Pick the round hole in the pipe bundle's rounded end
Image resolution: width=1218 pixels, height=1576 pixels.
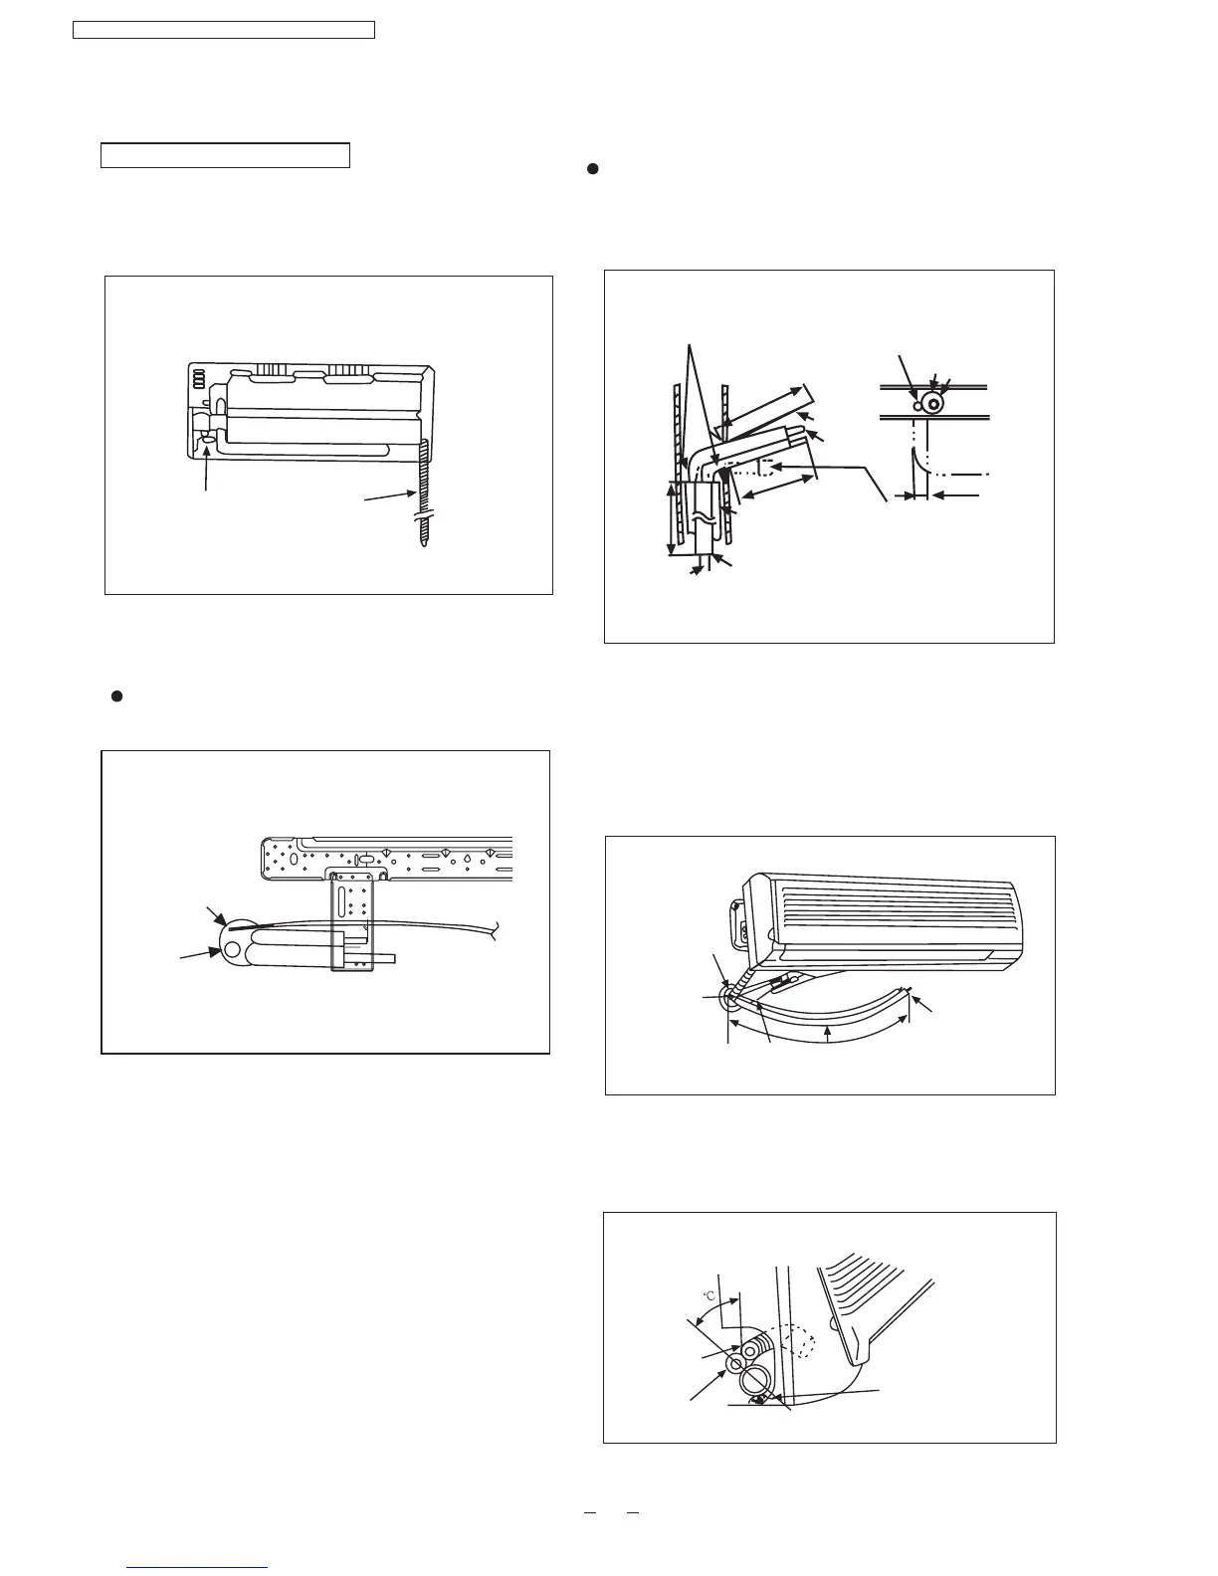233,949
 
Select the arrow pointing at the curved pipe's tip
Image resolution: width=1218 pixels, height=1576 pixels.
924,1008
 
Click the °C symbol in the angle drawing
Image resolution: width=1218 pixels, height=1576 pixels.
710,1295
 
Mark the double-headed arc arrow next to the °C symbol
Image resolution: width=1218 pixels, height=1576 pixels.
714,1313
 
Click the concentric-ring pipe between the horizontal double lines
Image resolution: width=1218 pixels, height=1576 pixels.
933,404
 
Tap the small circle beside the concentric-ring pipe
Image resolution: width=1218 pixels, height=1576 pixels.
917,405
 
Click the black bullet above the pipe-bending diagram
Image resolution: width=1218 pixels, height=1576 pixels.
590,169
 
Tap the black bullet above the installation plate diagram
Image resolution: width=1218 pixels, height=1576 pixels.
115,696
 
